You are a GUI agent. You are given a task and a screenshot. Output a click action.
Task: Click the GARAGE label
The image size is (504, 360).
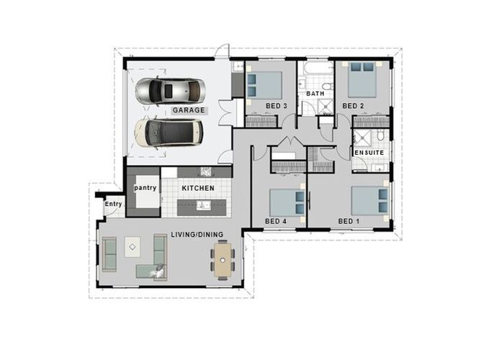click(189, 111)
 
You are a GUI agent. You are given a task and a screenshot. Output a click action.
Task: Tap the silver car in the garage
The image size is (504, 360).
click(171, 91)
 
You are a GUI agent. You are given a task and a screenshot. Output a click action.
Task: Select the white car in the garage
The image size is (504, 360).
click(168, 132)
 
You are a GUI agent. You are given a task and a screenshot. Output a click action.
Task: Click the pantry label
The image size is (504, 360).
click(145, 188)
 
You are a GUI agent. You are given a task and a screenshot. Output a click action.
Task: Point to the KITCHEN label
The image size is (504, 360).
click(198, 188)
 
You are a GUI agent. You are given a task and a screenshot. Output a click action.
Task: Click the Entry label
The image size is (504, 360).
click(113, 204)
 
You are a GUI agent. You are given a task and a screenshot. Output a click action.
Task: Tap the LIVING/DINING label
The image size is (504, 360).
click(197, 235)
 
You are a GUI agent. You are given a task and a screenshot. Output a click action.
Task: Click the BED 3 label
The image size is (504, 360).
click(276, 107)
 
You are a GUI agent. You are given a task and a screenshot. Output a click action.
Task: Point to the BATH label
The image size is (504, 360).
click(315, 94)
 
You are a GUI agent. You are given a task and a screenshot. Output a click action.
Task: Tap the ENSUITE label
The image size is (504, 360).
click(369, 153)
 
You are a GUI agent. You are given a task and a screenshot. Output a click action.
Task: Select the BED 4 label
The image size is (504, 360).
click(276, 220)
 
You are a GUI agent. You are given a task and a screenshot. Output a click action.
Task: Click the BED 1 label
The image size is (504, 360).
click(348, 220)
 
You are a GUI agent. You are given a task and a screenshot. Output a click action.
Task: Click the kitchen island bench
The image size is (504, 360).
click(204, 207)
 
